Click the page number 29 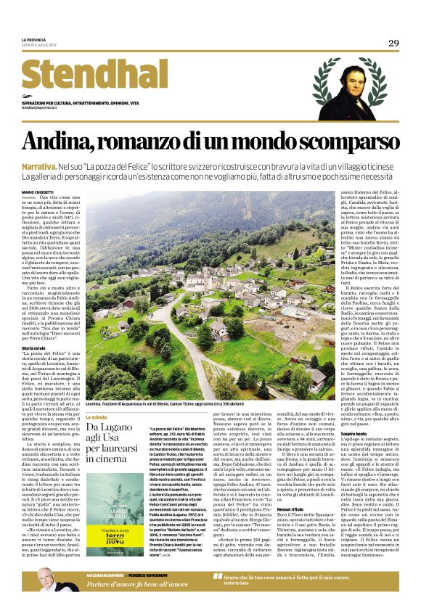point(393,44)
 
